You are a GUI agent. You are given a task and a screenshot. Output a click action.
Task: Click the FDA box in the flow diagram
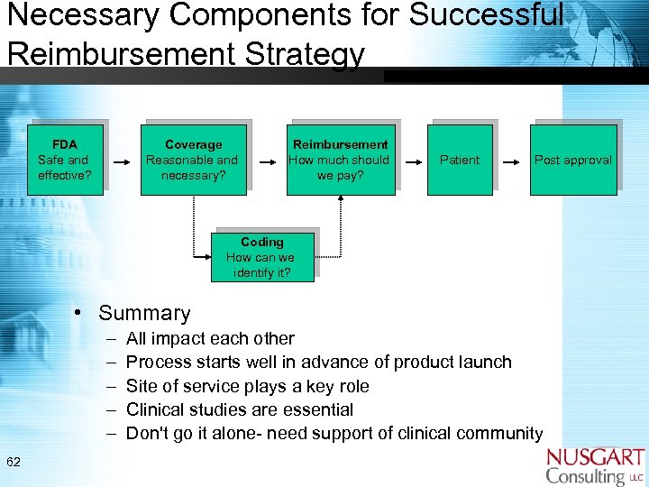point(64,160)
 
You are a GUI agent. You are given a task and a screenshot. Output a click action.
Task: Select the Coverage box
point(193,160)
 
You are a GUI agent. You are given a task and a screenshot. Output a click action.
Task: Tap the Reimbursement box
point(340,160)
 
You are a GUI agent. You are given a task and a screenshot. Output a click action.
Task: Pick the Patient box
point(459,160)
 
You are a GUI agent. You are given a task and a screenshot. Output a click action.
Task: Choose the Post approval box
point(572,160)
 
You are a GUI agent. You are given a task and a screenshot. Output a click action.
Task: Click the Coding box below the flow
point(261,257)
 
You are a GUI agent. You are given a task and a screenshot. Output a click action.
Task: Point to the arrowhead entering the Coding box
point(206,258)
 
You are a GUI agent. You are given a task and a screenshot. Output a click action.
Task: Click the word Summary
point(144,314)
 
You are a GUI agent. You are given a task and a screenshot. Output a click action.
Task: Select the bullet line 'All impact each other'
point(210,339)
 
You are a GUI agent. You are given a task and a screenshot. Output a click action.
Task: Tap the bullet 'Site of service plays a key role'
point(247,386)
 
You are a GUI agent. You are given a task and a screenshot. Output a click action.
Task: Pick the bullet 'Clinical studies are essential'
point(239,409)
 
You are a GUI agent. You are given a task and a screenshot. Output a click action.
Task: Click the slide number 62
point(14,463)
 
